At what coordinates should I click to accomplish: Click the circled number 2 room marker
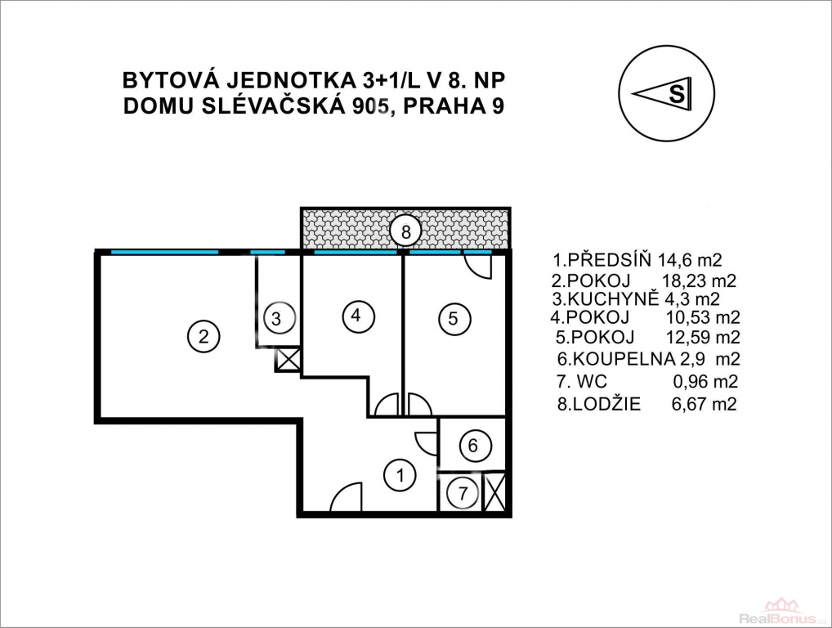tap(204, 336)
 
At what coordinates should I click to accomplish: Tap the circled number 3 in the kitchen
tap(276, 319)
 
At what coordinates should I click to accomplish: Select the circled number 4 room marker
tap(356, 316)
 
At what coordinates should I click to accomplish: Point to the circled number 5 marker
tap(453, 319)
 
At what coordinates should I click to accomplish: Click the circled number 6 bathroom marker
tap(472, 445)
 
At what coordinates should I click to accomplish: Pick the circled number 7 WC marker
tap(463, 494)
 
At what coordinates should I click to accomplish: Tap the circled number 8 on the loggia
tap(406, 231)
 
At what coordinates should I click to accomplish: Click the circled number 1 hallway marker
tap(400, 475)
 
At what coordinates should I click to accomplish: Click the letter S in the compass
tap(677, 93)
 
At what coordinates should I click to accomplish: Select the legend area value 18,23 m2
tap(699, 280)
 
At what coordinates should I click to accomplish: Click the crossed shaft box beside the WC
tap(495, 493)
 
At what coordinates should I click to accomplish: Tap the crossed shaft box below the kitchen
tap(289, 360)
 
